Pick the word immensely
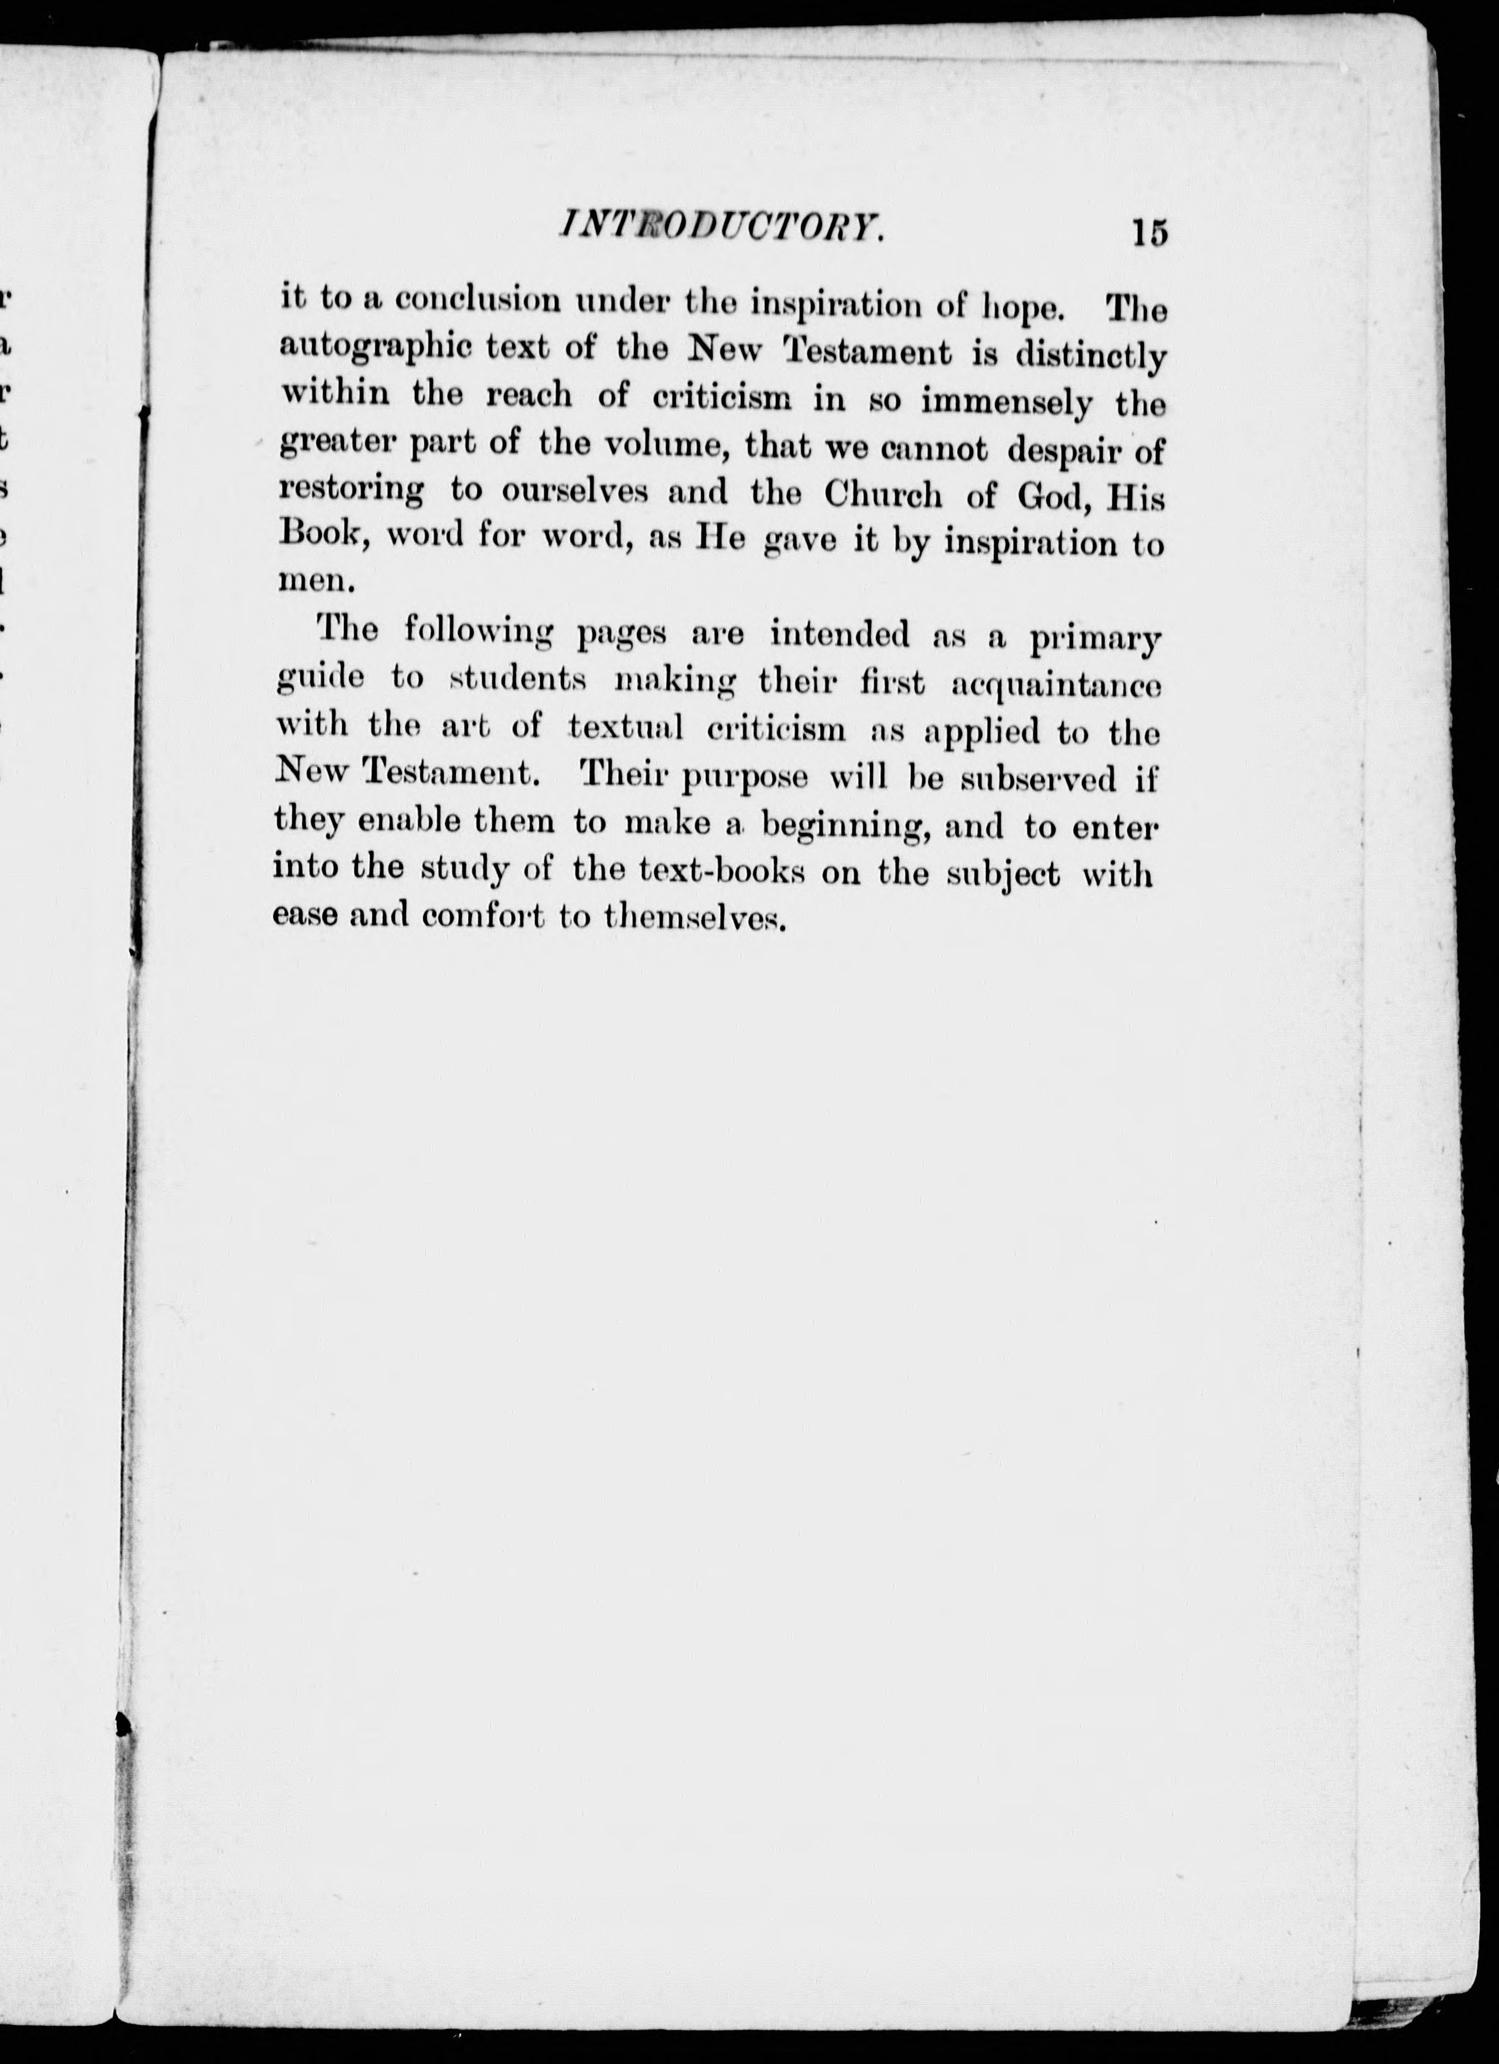pyautogui.click(x=1006, y=401)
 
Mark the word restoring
pyautogui.click(x=350, y=491)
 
